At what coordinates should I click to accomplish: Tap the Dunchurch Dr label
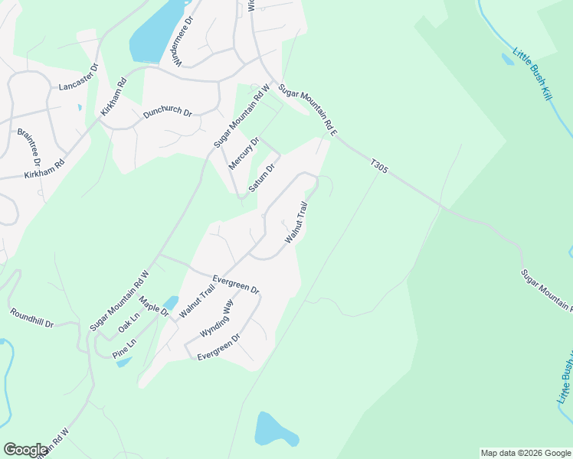click(x=167, y=111)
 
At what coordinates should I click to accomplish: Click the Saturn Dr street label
click(x=262, y=178)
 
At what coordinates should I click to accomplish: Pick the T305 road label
click(x=379, y=166)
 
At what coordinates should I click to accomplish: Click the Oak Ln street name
click(x=129, y=323)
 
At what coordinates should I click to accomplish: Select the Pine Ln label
click(x=123, y=347)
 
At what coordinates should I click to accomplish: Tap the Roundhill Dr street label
click(x=32, y=318)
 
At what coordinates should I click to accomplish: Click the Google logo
click(x=25, y=450)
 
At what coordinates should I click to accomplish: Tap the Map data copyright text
click(x=526, y=453)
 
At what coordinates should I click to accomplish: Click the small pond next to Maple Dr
click(x=171, y=303)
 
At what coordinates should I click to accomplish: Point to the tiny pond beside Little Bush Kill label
click(x=507, y=58)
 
